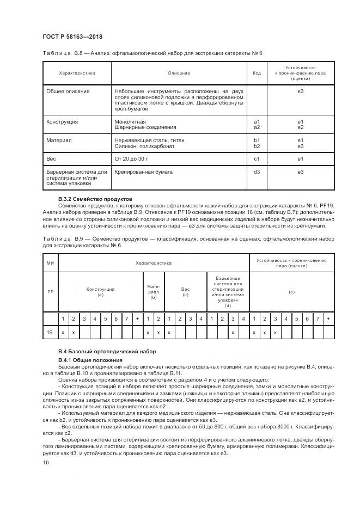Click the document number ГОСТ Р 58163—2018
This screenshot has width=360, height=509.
(72, 36)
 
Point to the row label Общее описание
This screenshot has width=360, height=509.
(68, 91)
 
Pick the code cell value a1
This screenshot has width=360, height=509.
(257, 121)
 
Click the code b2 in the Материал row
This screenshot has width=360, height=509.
(257, 146)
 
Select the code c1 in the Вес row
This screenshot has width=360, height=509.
(257, 159)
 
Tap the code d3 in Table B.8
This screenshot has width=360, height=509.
(257, 172)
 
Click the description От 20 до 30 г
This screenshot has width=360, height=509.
(131, 159)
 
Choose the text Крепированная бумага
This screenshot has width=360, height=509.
(143, 172)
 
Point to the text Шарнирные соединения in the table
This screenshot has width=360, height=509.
(145, 127)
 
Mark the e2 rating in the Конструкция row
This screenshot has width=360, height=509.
(300, 127)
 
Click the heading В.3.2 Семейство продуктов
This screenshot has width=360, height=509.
(95, 199)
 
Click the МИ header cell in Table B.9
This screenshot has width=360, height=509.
(50, 263)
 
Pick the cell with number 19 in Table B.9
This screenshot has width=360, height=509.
(50, 332)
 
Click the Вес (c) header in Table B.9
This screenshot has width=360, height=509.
(185, 292)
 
